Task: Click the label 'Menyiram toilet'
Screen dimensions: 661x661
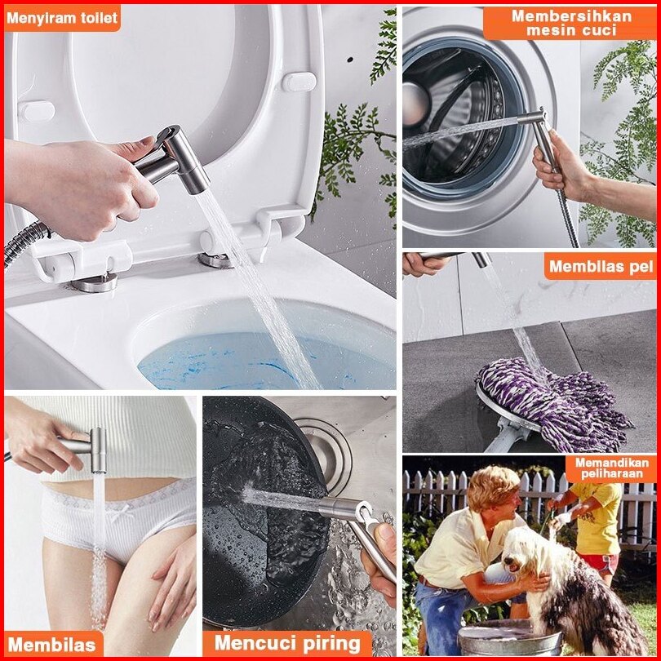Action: pyautogui.click(x=62, y=18)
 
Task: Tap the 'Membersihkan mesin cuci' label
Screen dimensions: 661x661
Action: pyautogui.click(x=571, y=23)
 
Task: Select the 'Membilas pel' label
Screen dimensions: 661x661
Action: pyautogui.click(x=601, y=266)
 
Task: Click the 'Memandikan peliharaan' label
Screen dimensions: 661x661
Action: pyautogui.click(x=612, y=468)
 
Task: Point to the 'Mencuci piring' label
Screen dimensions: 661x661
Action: pyautogui.click(x=287, y=644)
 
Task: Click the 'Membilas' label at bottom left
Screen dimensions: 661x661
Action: pyautogui.click(x=52, y=645)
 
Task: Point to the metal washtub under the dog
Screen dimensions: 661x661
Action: pyautogui.click(x=509, y=640)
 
